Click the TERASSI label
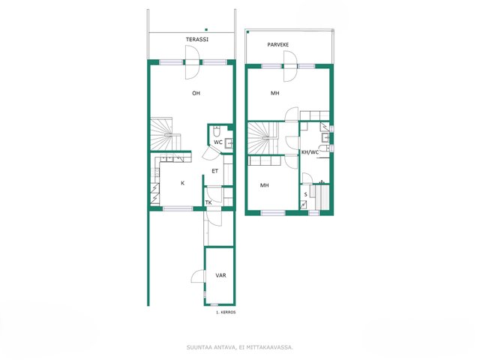click(197, 40)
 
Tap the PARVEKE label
click(278, 45)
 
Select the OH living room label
click(196, 93)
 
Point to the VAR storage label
click(220, 275)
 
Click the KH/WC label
click(310, 152)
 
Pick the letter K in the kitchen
click(183, 183)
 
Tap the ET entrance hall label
click(215, 171)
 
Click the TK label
click(208, 202)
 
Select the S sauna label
click(305, 195)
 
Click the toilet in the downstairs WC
click(217, 131)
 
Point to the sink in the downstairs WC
click(229, 143)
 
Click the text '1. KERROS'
click(226, 313)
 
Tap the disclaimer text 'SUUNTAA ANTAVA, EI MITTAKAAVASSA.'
click(240, 347)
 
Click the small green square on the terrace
click(206, 30)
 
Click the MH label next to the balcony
click(275, 93)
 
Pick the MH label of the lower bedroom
click(265, 185)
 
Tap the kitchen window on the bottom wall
click(178, 208)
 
